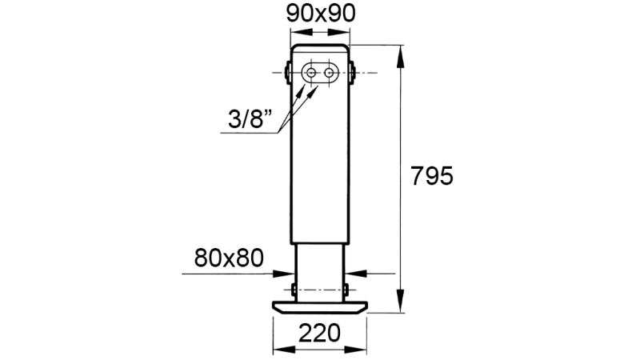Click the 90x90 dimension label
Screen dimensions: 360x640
click(320, 13)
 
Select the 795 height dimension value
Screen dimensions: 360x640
click(431, 176)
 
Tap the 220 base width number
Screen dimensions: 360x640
click(320, 332)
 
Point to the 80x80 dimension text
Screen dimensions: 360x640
click(229, 258)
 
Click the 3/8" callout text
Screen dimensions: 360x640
click(248, 121)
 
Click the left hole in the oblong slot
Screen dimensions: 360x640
click(310, 73)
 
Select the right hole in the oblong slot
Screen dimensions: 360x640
click(329, 73)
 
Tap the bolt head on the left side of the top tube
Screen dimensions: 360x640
click(287, 73)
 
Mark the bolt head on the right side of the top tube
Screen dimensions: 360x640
click(352, 73)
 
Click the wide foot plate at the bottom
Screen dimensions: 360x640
click(320, 306)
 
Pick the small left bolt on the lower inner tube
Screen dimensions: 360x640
click(294, 288)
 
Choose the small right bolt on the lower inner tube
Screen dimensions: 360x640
click(346, 288)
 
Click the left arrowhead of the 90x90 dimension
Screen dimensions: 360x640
click(295, 32)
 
